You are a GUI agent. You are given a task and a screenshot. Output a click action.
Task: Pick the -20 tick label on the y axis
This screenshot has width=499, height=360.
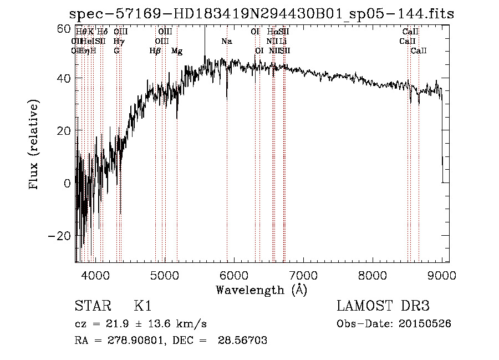(61, 236)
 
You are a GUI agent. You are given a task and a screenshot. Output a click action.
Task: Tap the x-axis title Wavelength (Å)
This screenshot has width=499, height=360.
(261, 290)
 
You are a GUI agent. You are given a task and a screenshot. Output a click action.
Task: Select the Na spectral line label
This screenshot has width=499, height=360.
(226, 42)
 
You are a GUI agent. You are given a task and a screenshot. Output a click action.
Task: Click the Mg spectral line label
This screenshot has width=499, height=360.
(177, 51)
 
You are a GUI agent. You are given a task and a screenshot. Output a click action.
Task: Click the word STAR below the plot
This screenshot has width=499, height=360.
(91, 307)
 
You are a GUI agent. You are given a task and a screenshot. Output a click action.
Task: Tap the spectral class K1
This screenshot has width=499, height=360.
(142, 307)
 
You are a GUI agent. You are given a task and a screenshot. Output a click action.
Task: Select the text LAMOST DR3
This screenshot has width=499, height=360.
(383, 307)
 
